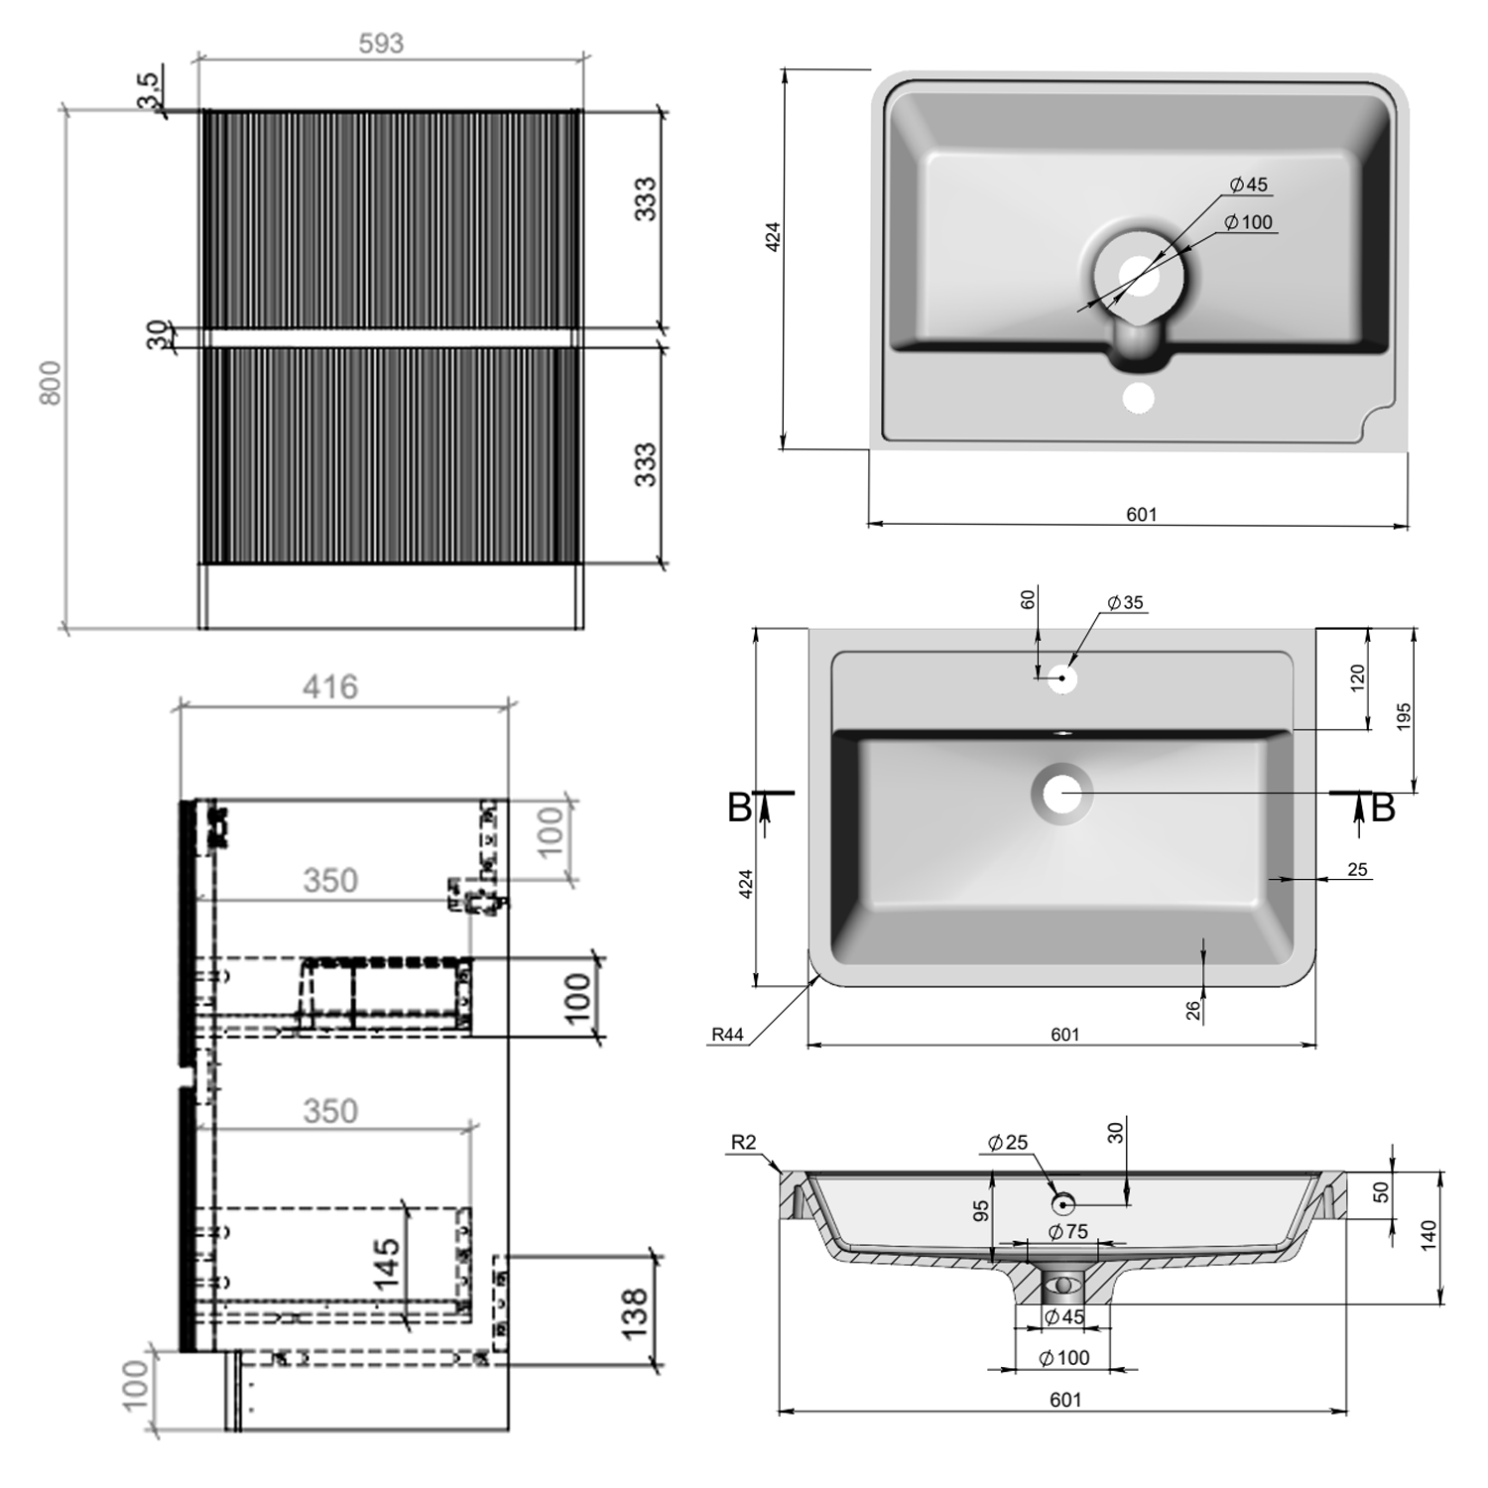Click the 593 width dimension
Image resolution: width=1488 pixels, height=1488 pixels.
[x=381, y=44]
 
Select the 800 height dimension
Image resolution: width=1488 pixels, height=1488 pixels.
[x=51, y=382]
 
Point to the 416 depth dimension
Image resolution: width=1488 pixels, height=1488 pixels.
[x=330, y=686]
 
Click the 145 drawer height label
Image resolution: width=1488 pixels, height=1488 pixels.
[x=387, y=1263]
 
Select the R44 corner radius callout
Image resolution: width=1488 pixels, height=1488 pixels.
[x=727, y=1035]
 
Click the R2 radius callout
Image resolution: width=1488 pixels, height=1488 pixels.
[x=743, y=1142]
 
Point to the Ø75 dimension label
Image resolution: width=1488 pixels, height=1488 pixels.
[x=1068, y=1232]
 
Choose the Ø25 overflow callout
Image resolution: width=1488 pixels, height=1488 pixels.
[x=1008, y=1143]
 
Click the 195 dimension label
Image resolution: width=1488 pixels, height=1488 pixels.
[x=1403, y=716]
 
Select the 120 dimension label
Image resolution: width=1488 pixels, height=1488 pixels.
[x=1357, y=678]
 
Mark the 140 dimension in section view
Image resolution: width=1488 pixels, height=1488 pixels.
[x=1428, y=1235]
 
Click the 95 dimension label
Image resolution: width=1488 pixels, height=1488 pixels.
[x=981, y=1210]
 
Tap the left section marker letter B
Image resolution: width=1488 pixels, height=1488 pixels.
[x=739, y=808]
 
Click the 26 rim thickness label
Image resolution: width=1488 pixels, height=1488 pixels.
[x=1193, y=1009]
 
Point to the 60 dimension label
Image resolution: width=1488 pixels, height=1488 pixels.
[x=1028, y=599]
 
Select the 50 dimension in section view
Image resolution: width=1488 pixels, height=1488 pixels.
[x=1381, y=1191]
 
